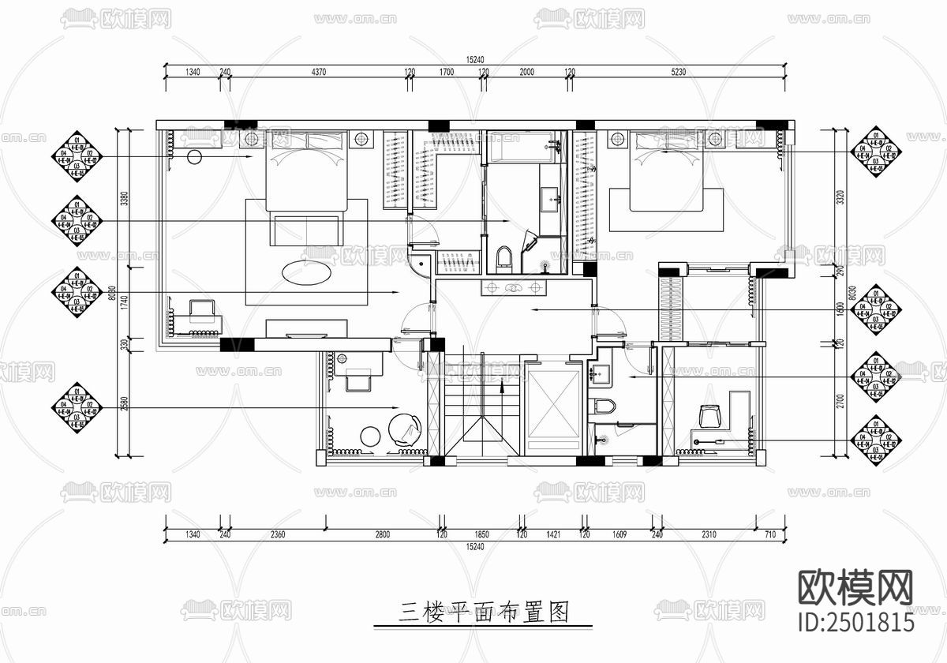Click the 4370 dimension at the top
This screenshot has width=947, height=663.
[x=318, y=72]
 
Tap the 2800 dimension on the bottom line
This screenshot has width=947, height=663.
[x=382, y=534]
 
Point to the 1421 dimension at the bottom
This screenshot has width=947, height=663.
[x=552, y=534]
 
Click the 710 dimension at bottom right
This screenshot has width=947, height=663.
[x=770, y=534]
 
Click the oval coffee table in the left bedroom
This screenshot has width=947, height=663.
[x=307, y=272]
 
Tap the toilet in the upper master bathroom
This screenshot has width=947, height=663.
[x=505, y=257]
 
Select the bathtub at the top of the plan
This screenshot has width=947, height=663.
[x=524, y=149]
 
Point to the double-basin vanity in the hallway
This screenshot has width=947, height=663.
[x=514, y=287]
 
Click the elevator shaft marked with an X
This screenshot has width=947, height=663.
[x=552, y=408]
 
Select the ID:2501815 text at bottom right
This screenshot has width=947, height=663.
[x=855, y=621]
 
